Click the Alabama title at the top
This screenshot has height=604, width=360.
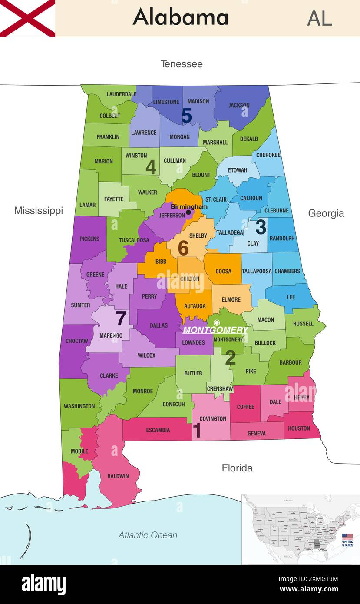pyautogui.click(x=181, y=17)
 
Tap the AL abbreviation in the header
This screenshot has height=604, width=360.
pyautogui.click(x=320, y=18)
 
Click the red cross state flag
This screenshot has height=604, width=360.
pyautogui.click(x=27, y=18)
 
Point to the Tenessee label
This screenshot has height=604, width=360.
pyautogui.click(x=182, y=64)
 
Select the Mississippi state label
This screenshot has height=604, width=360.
pyautogui.click(x=38, y=211)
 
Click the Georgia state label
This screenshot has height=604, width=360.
pyautogui.click(x=326, y=213)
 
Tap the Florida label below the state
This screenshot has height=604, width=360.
pyautogui.click(x=237, y=468)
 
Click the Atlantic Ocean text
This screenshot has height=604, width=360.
pyautogui.click(x=148, y=535)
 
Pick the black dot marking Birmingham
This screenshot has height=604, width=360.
pyautogui.click(x=188, y=212)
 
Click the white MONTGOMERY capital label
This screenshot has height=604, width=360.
pyautogui.click(x=215, y=330)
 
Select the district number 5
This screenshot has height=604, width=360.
pyautogui.click(x=186, y=116)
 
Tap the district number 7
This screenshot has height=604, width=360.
pyautogui.click(x=121, y=319)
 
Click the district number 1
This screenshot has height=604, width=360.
pyautogui.click(x=197, y=431)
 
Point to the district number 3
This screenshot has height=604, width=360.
pyautogui.click(x=261, y=227)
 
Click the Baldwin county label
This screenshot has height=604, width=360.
pyautogui.click(x=118, y=476)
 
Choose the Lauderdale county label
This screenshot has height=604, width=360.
pyautogui.click(x=122, y=94)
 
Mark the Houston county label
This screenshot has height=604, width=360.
pyautogui.click(x=299, y=428)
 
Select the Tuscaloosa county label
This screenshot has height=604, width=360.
pyautogui.click(x=134, y=240)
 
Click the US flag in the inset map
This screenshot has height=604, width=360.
pyautogui.click(x=347, y=537)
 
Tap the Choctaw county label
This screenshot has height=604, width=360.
pyautogui.click(x=76, y=341)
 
